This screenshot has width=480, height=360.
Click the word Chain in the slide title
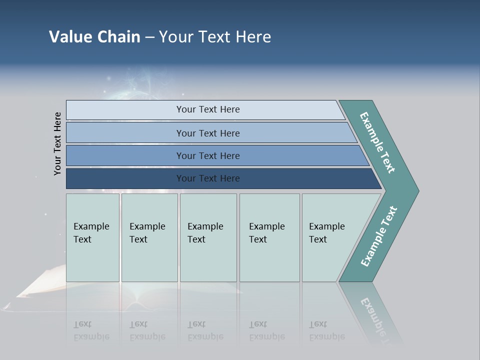[x=118, y=37]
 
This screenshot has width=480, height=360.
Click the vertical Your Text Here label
[x=57, y=143]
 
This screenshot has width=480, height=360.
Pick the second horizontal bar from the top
[x=207, y=133]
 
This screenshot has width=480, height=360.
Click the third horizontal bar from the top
[x=207, y=155]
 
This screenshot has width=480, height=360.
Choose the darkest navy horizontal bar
[x=207, y=178]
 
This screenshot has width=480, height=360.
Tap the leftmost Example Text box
[x=92, y=237]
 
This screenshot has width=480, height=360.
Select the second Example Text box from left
[x=149, y=237]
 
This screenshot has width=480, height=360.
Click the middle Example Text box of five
[x=208, y=237]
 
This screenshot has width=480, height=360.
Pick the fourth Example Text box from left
[x=269, y=237]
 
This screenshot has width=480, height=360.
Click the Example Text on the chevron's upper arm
[x=377, y=142]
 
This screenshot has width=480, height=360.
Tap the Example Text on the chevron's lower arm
[x=378, y=236]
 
